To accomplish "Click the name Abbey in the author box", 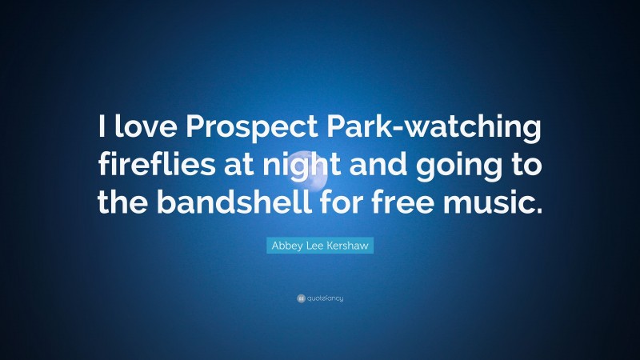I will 286,246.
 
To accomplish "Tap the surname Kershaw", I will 346,246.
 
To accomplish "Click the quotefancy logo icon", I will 301,298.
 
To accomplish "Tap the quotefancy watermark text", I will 325,298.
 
